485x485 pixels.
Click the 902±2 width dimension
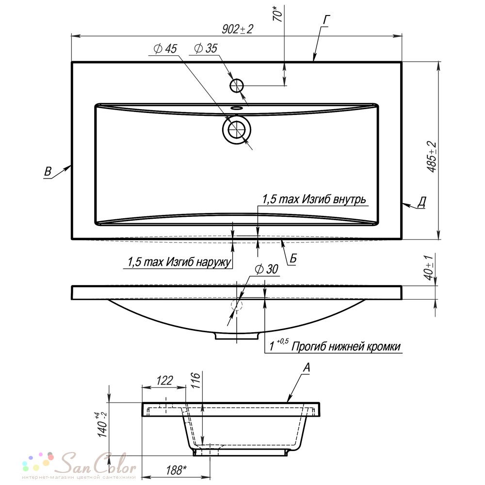tap(237, 29)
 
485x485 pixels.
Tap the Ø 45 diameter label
tap(165, 48)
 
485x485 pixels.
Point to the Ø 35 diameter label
tap(206, 48)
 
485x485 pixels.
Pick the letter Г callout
tap(326, 20)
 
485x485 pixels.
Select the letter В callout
tap(48, 171)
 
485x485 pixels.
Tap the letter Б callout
tap(293, 259)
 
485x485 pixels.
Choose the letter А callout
tap(306, 368)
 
